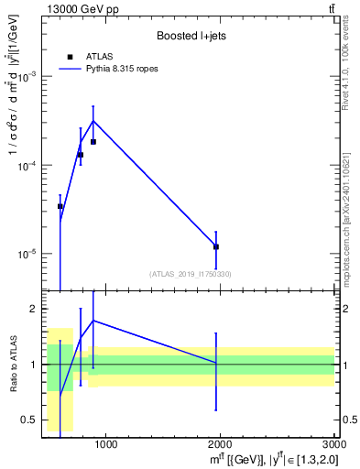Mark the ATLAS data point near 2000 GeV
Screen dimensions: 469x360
pos(216,246)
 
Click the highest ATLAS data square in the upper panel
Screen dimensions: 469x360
pos(93,142)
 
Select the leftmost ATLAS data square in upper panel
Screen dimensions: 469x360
pos(60,206)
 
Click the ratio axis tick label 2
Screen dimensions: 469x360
pos(30,310)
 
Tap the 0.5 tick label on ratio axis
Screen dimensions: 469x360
pos(27,420)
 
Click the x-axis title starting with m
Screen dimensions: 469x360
pos(275,459)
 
